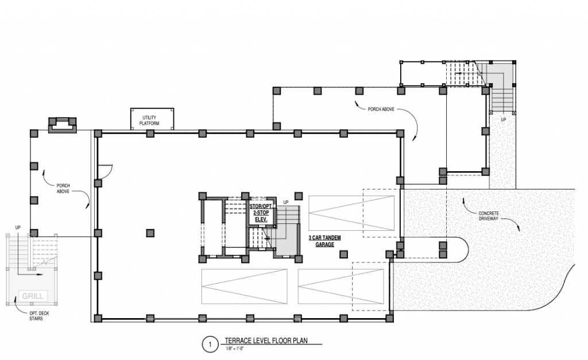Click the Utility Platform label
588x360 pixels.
(149, 121)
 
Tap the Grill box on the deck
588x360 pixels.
(33, 296)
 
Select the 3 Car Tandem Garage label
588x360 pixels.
(325, 241)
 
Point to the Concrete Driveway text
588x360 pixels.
(489, 216)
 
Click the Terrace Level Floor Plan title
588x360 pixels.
(266, 341)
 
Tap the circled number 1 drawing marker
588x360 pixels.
(210, 344)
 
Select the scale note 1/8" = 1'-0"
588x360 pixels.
(235, 349)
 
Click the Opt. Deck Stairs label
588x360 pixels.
(39, 316)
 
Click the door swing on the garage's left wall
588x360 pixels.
(105, 171)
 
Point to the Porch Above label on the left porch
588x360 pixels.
(63, 188)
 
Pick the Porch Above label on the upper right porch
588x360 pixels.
(381, 109)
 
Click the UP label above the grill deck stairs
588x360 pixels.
(18, 227)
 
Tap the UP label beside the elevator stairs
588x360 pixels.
(286, 203)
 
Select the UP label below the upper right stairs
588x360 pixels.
(503, 119)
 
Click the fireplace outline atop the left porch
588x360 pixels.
(62, 125)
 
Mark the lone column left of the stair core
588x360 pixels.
(150, 233)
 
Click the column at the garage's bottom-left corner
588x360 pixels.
(98, 319)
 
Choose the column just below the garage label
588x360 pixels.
(343, 254)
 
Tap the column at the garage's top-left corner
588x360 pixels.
(98, 133)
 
